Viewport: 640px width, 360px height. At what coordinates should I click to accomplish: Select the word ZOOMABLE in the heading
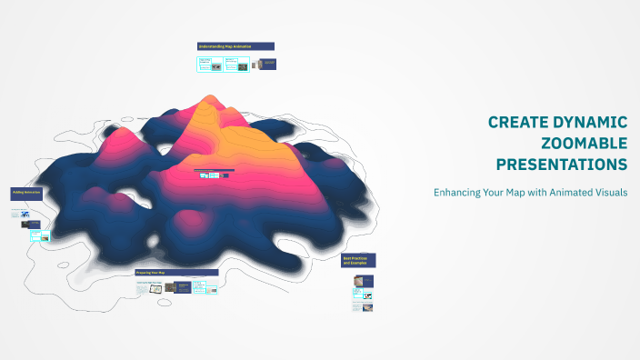(x=584, y=144)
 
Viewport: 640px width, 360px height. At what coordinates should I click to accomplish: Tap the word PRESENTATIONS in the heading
(x=561, y=165)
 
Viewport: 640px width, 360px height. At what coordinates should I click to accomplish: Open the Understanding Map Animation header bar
(x=235, y=45)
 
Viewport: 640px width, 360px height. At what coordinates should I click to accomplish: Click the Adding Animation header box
(x=25, y=194)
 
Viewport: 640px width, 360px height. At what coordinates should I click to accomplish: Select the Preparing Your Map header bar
(x=176, y=273)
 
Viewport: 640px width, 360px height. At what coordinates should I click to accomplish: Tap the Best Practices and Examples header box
(x=358, y=261)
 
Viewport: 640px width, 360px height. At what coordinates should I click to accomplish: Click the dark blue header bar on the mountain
(x=215, y=169)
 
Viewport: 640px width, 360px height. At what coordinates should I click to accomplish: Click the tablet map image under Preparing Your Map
(x=156, y=288)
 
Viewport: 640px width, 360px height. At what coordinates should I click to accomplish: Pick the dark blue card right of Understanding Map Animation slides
(x=267, y=64)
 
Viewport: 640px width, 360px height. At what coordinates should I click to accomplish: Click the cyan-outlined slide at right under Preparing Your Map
(x=211, y=289)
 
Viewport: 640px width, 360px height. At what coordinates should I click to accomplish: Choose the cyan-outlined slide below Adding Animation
(x=35, y=235)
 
